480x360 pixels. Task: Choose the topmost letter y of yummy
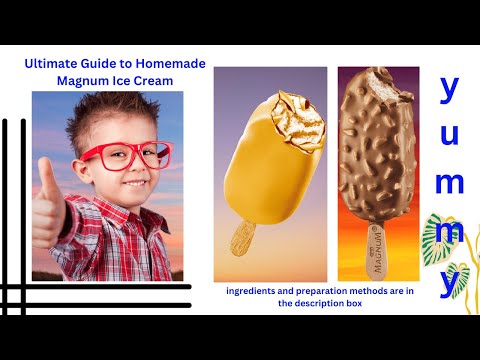(x=450, y=90)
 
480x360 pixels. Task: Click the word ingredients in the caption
(x=254, y=292)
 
